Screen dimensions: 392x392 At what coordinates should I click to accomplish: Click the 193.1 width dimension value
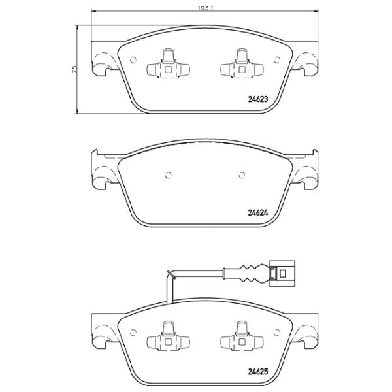pos(205,8)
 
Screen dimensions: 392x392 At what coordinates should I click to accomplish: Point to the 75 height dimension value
pos(74,69)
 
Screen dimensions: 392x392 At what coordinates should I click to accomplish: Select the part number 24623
pos(258,99)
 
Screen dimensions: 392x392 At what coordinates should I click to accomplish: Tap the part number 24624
pos(258,213)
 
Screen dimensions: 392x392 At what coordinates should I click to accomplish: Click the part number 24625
pos(258,372)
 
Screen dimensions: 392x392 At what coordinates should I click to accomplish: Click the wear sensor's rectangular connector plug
pos(282,273)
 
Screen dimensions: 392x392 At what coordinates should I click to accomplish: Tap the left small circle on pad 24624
pos(169,175)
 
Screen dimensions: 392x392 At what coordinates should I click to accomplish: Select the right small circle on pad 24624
pos(242,175)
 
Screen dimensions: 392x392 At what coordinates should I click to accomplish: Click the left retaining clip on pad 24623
pos(168,63)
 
